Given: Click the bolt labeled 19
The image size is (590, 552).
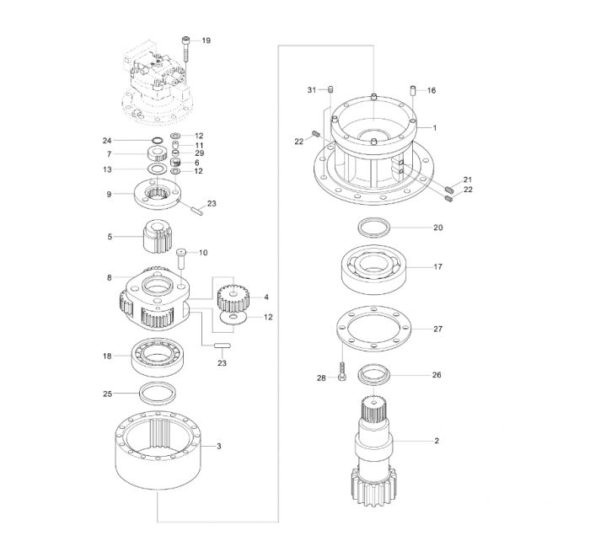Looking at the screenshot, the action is coord(186,49).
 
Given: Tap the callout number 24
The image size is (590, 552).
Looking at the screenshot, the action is coord(107,141).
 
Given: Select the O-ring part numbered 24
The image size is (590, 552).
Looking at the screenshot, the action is coord(158,141).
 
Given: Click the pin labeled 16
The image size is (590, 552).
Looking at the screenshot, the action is coord(412,91).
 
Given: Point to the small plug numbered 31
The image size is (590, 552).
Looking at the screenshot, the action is coord(330,89).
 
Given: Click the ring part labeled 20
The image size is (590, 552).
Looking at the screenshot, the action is coord(373,228).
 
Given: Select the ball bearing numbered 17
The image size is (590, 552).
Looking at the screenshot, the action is coord(373,270).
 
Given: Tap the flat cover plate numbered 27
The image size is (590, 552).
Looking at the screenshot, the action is coord(373,329).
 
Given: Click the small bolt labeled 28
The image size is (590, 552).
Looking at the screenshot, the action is coord(342,372).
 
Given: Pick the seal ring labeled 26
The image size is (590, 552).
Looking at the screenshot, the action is coord(373,374).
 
